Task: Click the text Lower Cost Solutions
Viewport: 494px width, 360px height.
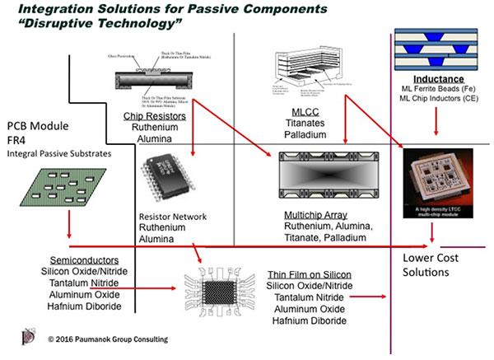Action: [432, 264]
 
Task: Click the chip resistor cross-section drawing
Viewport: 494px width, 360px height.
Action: [156, 78]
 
